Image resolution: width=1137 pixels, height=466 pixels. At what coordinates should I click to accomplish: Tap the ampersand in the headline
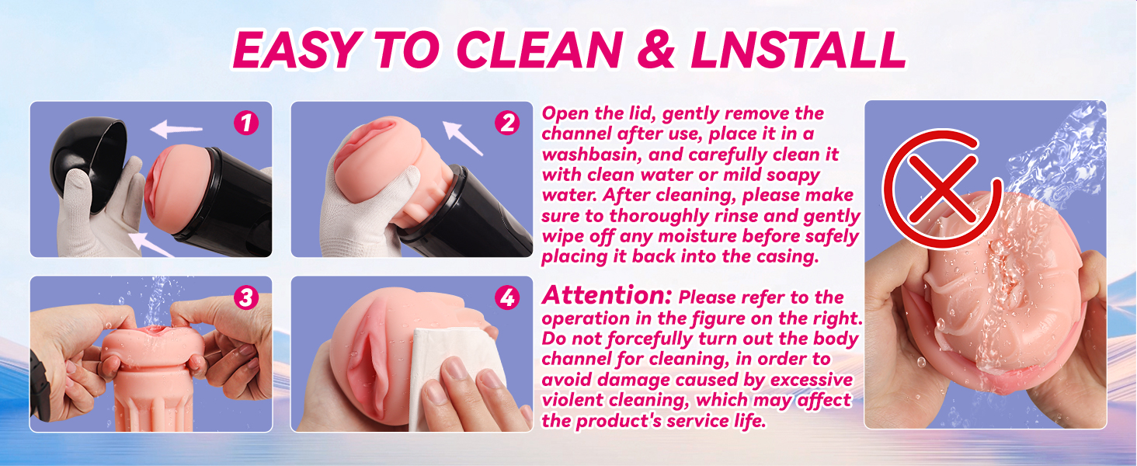tap(655, 49)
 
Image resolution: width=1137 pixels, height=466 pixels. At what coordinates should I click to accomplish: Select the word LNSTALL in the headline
tap(798, 49)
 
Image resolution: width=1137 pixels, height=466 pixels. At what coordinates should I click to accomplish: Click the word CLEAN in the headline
tap(539, 49)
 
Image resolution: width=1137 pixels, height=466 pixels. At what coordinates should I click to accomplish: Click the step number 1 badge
tap(246, 123)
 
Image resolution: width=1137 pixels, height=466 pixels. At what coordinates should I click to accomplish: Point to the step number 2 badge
tap(507, 123)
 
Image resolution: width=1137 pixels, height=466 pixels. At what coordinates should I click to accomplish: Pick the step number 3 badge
tap(246, 297)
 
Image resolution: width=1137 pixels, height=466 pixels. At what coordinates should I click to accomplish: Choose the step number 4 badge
tap(507, 297)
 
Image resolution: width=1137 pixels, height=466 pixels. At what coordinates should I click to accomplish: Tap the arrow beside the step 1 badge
tap(176, 129)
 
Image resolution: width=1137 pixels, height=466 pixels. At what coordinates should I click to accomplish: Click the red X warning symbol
tap(942, 189)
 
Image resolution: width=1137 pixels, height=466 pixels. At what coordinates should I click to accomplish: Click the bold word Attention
tap(607, 295)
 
